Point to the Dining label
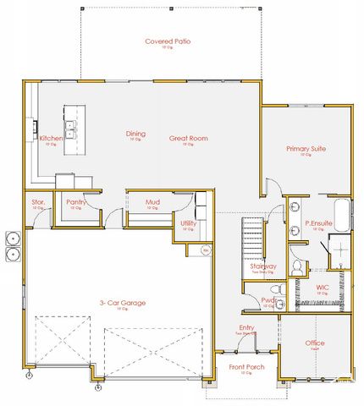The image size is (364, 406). (135, 134)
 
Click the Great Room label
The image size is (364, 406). (188, 138)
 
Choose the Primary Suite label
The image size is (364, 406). (306, 149)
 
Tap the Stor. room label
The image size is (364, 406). (37, 202)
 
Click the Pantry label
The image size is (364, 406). (76, 202)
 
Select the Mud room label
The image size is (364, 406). (152, 202)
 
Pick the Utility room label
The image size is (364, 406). (188, 223)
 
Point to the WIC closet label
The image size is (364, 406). (323, 288)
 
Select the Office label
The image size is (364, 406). (314, 343)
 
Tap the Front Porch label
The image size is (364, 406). (246, 366)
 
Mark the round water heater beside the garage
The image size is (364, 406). (205, 251)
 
